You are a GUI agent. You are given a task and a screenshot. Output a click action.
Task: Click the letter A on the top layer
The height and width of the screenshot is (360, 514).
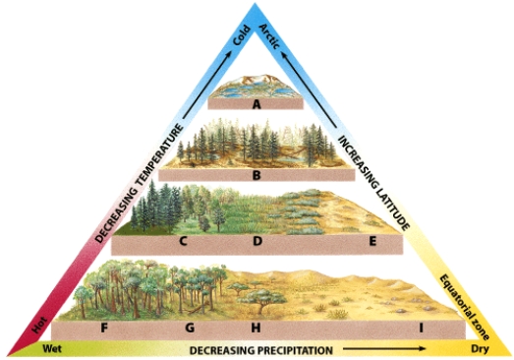256,102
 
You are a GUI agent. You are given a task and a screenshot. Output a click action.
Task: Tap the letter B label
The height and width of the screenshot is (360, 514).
256,176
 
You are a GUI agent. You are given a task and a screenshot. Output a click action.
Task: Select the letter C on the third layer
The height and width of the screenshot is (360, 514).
184,240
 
